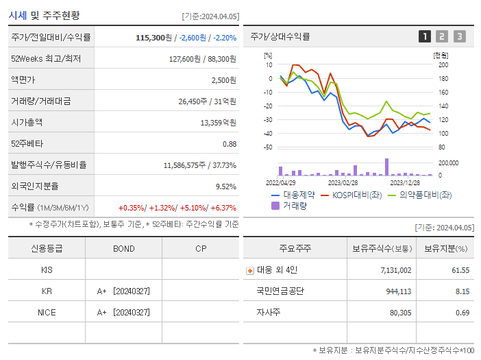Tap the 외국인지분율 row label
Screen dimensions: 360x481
35,186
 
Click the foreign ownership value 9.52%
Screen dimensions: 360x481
225,187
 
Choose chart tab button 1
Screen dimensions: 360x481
425,36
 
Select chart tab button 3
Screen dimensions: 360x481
459,36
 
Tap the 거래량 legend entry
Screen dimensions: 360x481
293,205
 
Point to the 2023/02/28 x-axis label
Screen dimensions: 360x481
343,182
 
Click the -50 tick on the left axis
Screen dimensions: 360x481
268,147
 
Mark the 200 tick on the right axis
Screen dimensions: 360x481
443,64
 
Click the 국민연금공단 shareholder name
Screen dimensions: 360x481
280,291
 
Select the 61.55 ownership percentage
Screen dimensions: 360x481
460,270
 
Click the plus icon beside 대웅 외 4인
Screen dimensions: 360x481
249,270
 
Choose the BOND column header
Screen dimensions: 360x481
124,248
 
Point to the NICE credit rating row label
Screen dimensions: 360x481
47,312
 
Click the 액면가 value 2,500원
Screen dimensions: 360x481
223,80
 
